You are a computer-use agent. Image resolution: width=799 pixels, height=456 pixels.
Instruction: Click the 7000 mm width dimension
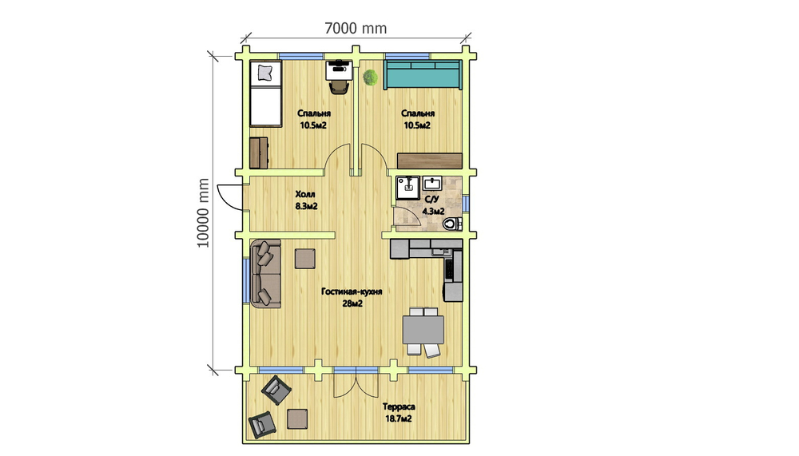(x=356, y=28)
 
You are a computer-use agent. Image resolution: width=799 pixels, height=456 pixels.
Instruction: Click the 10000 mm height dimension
(x=203, y=213)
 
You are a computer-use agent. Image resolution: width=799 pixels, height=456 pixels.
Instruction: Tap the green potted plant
(x=371, y=77)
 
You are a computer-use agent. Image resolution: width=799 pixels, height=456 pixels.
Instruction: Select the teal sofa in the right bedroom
(x=423, y=75)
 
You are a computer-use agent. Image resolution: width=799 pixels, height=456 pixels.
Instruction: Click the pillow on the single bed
(x=265, y=73)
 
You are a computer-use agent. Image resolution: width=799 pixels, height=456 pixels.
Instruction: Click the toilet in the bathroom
(x=451, y=223)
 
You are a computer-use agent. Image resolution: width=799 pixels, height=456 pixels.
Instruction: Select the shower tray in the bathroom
(x=407, y=188)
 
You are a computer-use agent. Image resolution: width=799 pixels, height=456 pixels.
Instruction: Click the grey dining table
(x=423, y=330)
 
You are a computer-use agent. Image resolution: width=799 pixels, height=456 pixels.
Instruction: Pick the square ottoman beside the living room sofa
(x=304, y=258)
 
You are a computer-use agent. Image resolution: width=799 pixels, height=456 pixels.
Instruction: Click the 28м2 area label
(x=352, y=304)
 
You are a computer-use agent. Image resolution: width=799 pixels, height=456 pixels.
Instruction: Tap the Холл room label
(x=305, y=194)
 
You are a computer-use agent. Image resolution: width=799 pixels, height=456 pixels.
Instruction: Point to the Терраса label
(x=399, y=406)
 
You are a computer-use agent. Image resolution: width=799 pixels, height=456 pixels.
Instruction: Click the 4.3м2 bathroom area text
(x=433, y=211)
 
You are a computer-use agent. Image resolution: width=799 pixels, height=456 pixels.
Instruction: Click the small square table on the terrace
(x=297, y=418)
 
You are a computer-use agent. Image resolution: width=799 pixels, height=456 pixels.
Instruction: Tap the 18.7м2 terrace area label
(x=399, y=418)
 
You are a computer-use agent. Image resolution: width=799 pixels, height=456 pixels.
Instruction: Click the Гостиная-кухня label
(x=352, y=291)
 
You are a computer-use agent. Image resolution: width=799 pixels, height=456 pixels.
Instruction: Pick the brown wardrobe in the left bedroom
(x=258, y=153)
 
